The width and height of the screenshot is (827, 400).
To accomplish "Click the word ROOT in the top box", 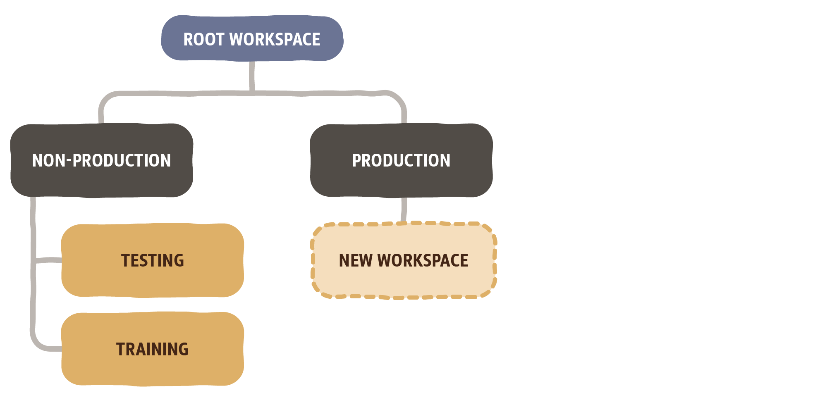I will pyautogui.click(x=204, y=40).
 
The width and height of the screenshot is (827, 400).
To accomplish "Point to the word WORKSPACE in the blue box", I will pyautogui.click(x=275, y=40).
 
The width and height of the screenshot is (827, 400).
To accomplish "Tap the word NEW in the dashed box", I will pyautogui.click(x=356, y=261).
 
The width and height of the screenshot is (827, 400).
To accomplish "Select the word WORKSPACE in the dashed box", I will pyautogui.click(x=423, y=261).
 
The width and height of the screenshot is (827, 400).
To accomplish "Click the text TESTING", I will pyautogui.click(x=152, y=261).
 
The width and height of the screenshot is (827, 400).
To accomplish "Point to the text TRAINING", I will pyautogui.click(x=152, y=350).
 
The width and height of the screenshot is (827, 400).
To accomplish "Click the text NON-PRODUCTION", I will pyautogui.click(x=101, y=160).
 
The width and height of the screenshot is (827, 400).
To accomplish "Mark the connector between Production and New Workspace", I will pyautogui.click(x=404, y=210).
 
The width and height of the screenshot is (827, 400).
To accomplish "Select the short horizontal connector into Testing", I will pyautogui.click(x=49, y=260).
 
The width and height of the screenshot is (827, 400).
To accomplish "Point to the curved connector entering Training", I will pyautogui.click(x=39, y=343).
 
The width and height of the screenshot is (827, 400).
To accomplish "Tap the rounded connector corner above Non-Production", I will pyautogui.click(x=105, y=99).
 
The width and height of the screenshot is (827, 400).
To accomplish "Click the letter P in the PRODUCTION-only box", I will pyautogui.click(x=356, y=160).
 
